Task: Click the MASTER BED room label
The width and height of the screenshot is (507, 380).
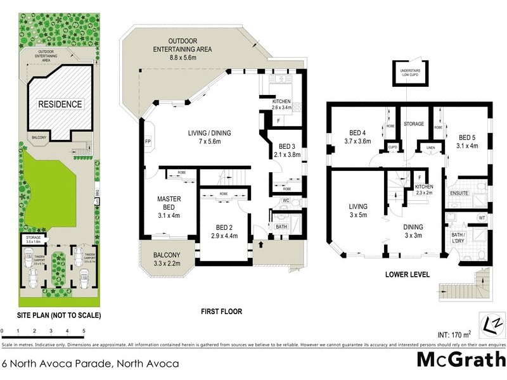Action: point(169,207)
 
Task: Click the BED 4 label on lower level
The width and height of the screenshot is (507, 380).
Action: point(359,137)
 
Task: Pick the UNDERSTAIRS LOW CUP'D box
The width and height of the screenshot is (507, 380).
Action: point(409,73)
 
